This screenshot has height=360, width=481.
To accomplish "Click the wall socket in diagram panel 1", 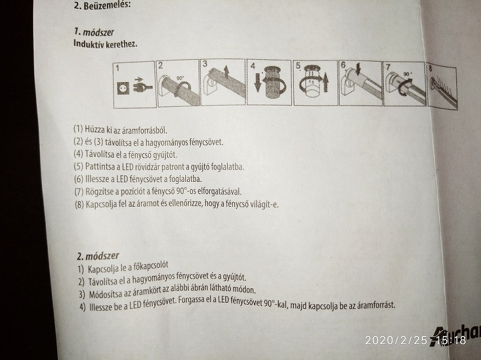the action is (123, 88).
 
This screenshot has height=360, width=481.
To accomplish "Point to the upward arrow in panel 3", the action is (227, 71).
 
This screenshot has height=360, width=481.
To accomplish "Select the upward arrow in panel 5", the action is (326, 83).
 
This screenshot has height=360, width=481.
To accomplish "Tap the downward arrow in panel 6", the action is (358, 69).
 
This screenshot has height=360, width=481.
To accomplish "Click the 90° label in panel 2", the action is (181, 78).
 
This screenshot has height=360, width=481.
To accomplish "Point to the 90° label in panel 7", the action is (408, 74).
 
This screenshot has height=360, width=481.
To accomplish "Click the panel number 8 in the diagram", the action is (430, 69).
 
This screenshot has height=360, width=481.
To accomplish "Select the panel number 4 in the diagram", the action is (253, 66).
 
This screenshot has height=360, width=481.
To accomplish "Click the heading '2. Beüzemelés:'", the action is (102, 5).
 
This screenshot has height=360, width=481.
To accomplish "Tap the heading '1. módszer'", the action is (94, 32).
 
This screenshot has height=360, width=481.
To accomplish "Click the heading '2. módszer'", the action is (98, 256).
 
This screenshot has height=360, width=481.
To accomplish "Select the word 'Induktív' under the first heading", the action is (88, 43).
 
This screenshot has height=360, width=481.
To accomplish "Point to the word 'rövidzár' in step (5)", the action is (149, 167).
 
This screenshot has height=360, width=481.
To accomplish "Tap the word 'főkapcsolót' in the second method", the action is (151, 266).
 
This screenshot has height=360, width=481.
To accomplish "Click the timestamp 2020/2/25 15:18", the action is (415, 340).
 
